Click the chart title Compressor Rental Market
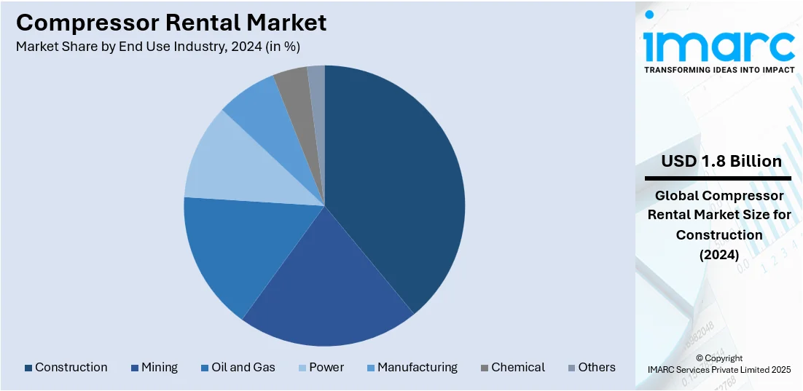tap(171, 23)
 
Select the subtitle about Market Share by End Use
tap(158, 47)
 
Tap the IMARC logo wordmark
tap(718, 45)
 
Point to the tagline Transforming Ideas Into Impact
tap(718, 71)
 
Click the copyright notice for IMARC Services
tap(718, 364)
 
